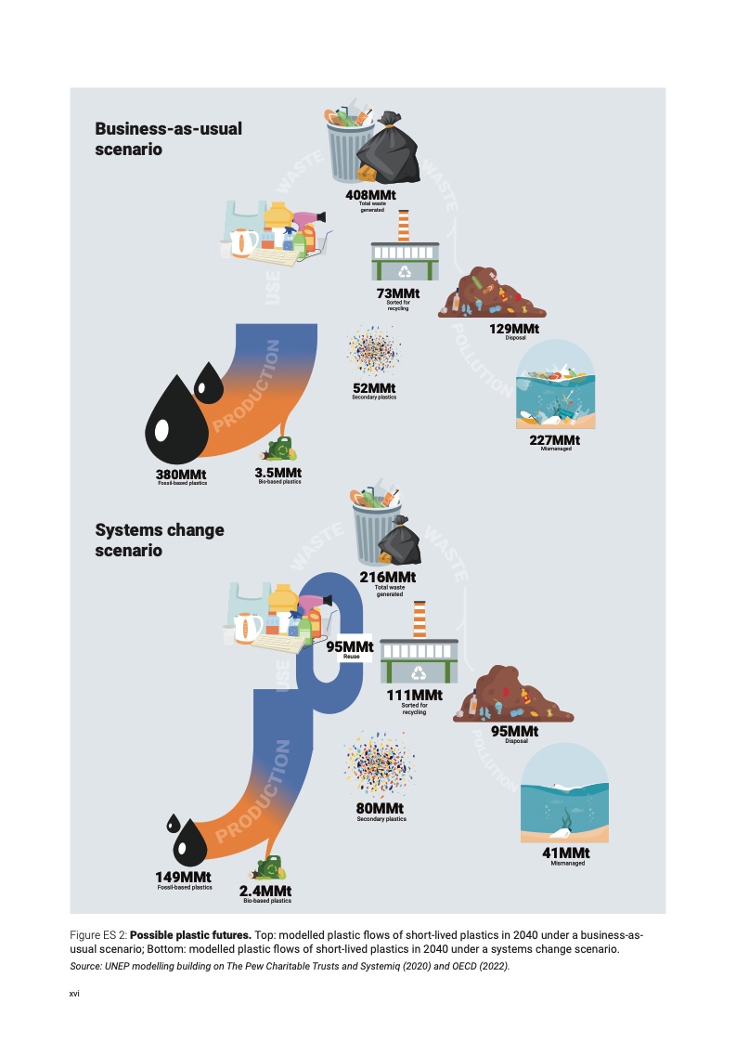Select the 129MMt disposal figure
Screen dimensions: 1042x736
[x=514, y=329]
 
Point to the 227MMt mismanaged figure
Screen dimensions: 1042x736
[x=554, y=440]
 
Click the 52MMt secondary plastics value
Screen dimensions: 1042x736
[x=374, y=388]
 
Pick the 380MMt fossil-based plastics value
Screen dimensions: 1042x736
[x=181, y=475]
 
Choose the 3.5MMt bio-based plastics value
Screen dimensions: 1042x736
[x=278, y=473]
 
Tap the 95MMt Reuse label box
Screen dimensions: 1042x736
[x=350, y=648]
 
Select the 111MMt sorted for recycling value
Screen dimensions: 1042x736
[x=414, y=696]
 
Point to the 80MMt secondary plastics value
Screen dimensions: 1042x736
[x=381, y=809]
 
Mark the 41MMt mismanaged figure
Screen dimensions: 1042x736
[x=566, y=853]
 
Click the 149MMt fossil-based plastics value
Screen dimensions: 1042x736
[x=184, y=878]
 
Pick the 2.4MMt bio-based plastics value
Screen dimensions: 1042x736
[x=267, y=892]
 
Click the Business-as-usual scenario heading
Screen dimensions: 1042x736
[x=168, y=138]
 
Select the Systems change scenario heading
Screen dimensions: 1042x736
[x=159, y=541]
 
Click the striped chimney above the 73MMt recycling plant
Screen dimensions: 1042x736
[x=404, y=225]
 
